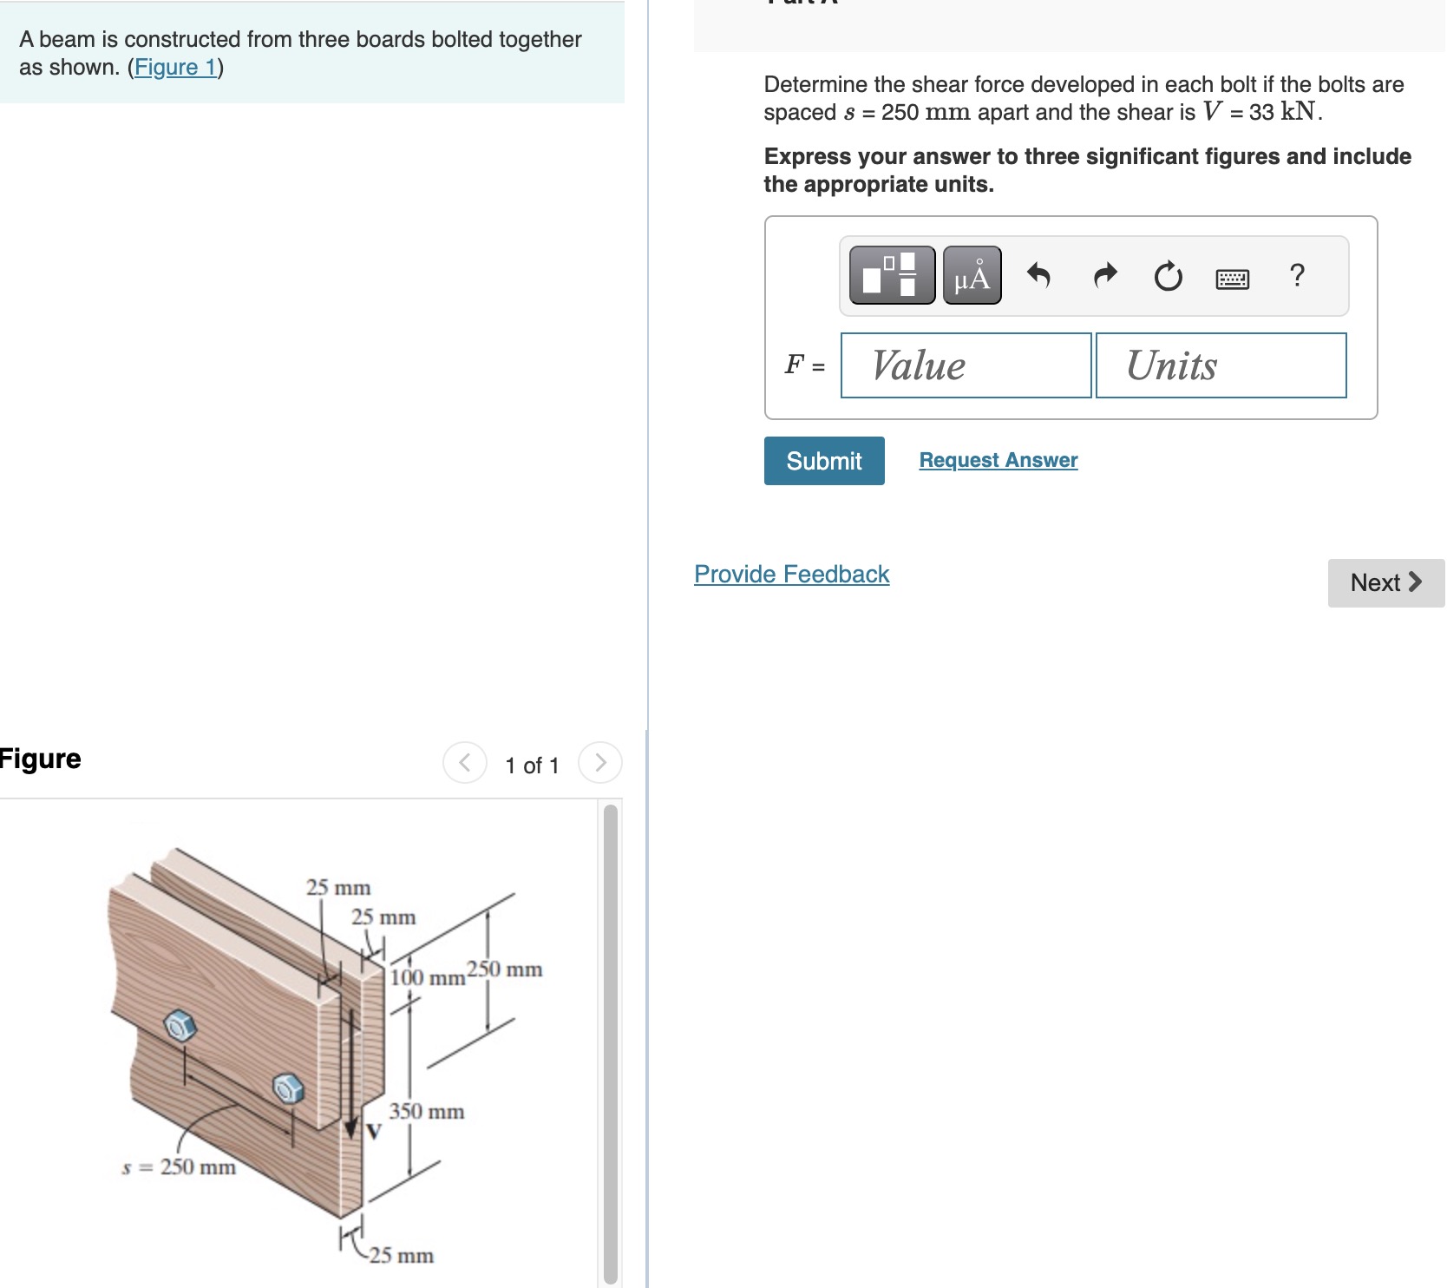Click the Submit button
(x=823, y=461)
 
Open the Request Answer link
(x=998, y=460)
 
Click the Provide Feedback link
(x=791, y=574)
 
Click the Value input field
(x=966, y=365)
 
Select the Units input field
(x=1221, y=365)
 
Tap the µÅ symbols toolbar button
(x=972, y=275)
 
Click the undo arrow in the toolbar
(x=1038, y=275)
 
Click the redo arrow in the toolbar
(x=1104, y=275)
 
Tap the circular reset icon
(x=1168, y=276)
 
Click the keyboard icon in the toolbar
(x=1232, y=279)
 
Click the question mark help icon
(x=1297, y=275)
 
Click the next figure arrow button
(x=599, y=763)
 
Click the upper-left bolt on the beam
(x=180, y=1026)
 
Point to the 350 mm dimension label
(x=426, y=1111)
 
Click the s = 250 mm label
(x=179, y=1166)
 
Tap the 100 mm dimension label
(x=427, y=978)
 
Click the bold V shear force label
(x=374, y=1132)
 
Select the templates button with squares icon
(x=892, y=275)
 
